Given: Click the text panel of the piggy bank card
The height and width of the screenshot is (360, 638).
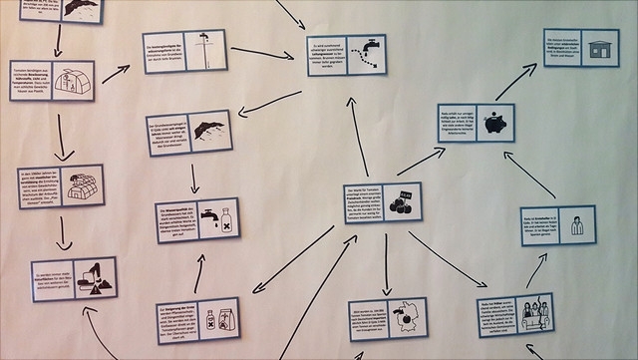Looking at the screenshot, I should tap(458, 124).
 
